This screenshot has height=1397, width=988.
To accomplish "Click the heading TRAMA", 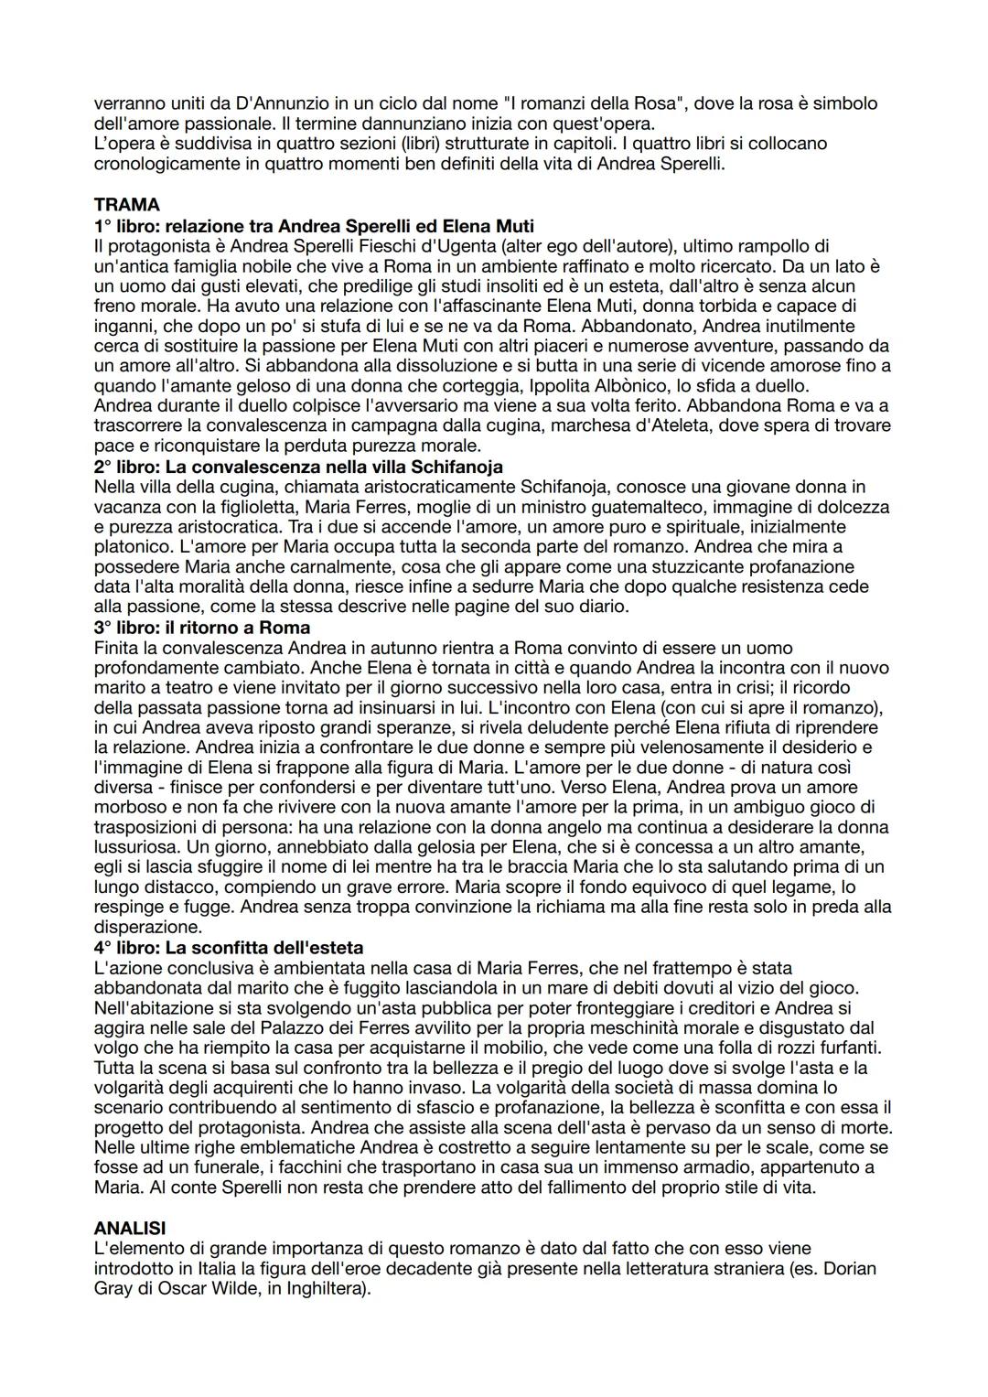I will [x=126, y=206].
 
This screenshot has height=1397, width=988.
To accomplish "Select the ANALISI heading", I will [x=130, y=1228].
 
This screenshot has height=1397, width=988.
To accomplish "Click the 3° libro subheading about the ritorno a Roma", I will [x=202, y=628].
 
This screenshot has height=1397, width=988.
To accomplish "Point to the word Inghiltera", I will [x=317, y=1289].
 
